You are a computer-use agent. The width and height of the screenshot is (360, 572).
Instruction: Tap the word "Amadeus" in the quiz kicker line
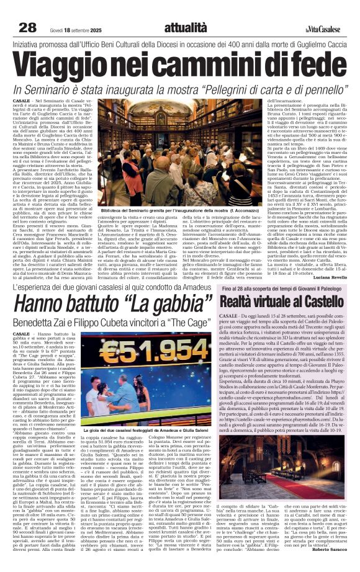tap(193, 288)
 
